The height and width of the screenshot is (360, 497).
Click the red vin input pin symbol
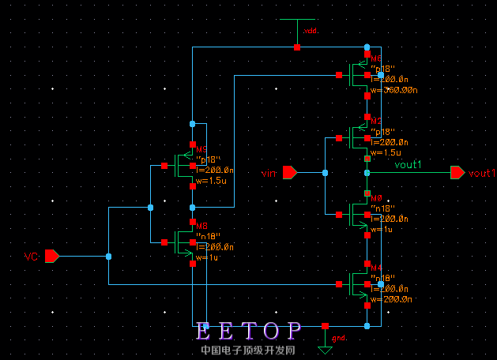click(290, 172)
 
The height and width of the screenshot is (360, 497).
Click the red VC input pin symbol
click(52, 256)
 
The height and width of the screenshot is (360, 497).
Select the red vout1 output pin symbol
click(457, 172)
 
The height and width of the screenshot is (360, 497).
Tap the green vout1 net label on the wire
click(409, 165)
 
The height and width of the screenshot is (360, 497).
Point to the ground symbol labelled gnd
click(324, 349)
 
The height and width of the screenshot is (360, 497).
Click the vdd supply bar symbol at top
click(297, 21)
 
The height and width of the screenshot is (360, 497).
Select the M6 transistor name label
click(376, 59)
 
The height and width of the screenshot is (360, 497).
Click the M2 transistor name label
click(376, 121)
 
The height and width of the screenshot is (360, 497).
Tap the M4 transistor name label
click(376, 269)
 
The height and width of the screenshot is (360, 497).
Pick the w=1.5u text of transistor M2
click(386, 152)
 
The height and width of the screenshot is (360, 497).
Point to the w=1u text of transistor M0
click(382, 229)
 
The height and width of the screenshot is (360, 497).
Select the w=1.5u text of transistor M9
click(211, 181)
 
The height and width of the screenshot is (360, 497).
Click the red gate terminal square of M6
click(338, 76)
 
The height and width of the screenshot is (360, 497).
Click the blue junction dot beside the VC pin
click(108, 256)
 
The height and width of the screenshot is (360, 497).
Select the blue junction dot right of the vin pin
click(325, 172)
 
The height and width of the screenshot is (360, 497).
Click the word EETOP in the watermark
click(250, 330)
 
